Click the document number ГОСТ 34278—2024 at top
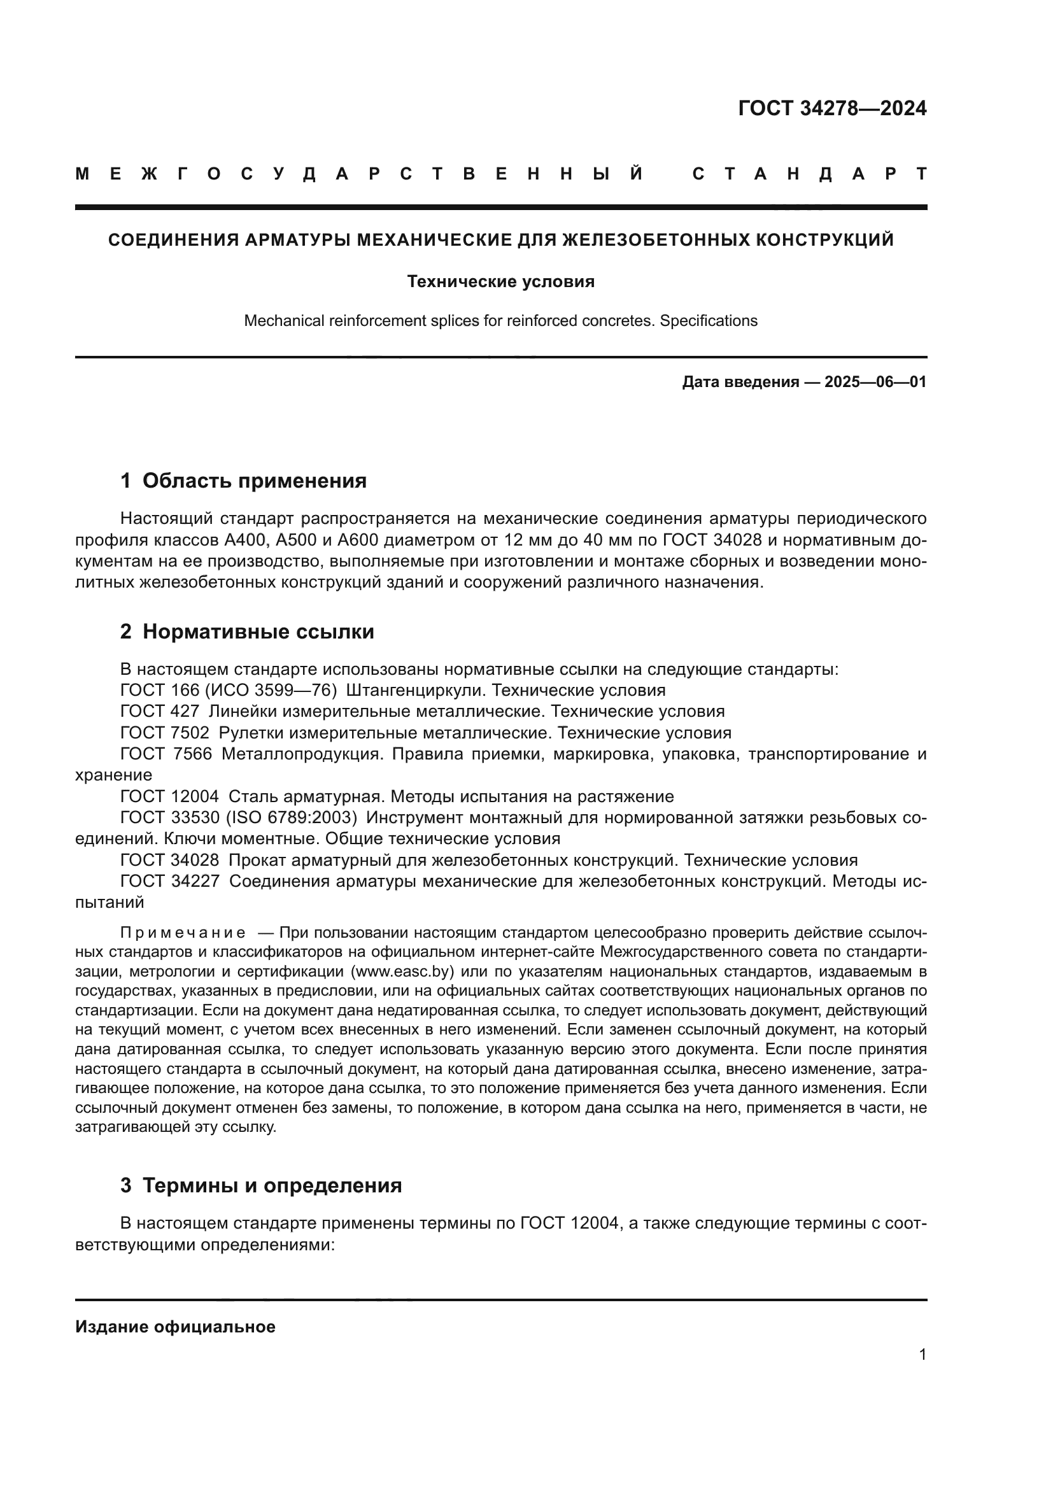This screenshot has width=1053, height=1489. coord(832,108)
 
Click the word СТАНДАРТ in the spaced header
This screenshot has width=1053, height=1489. coord(809,174)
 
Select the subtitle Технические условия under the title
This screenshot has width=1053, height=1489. coord(500,281)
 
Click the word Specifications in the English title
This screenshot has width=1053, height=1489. coord(708,320)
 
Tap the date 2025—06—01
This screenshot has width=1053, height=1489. coord(875,382)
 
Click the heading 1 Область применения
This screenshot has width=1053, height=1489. coord(243,481)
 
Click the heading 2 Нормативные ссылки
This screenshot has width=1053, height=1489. coord(247,632)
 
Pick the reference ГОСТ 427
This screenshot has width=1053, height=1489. coord(160,712)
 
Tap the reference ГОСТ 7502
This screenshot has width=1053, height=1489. coord(165,733)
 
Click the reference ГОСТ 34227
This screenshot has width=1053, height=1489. coord(170,881)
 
